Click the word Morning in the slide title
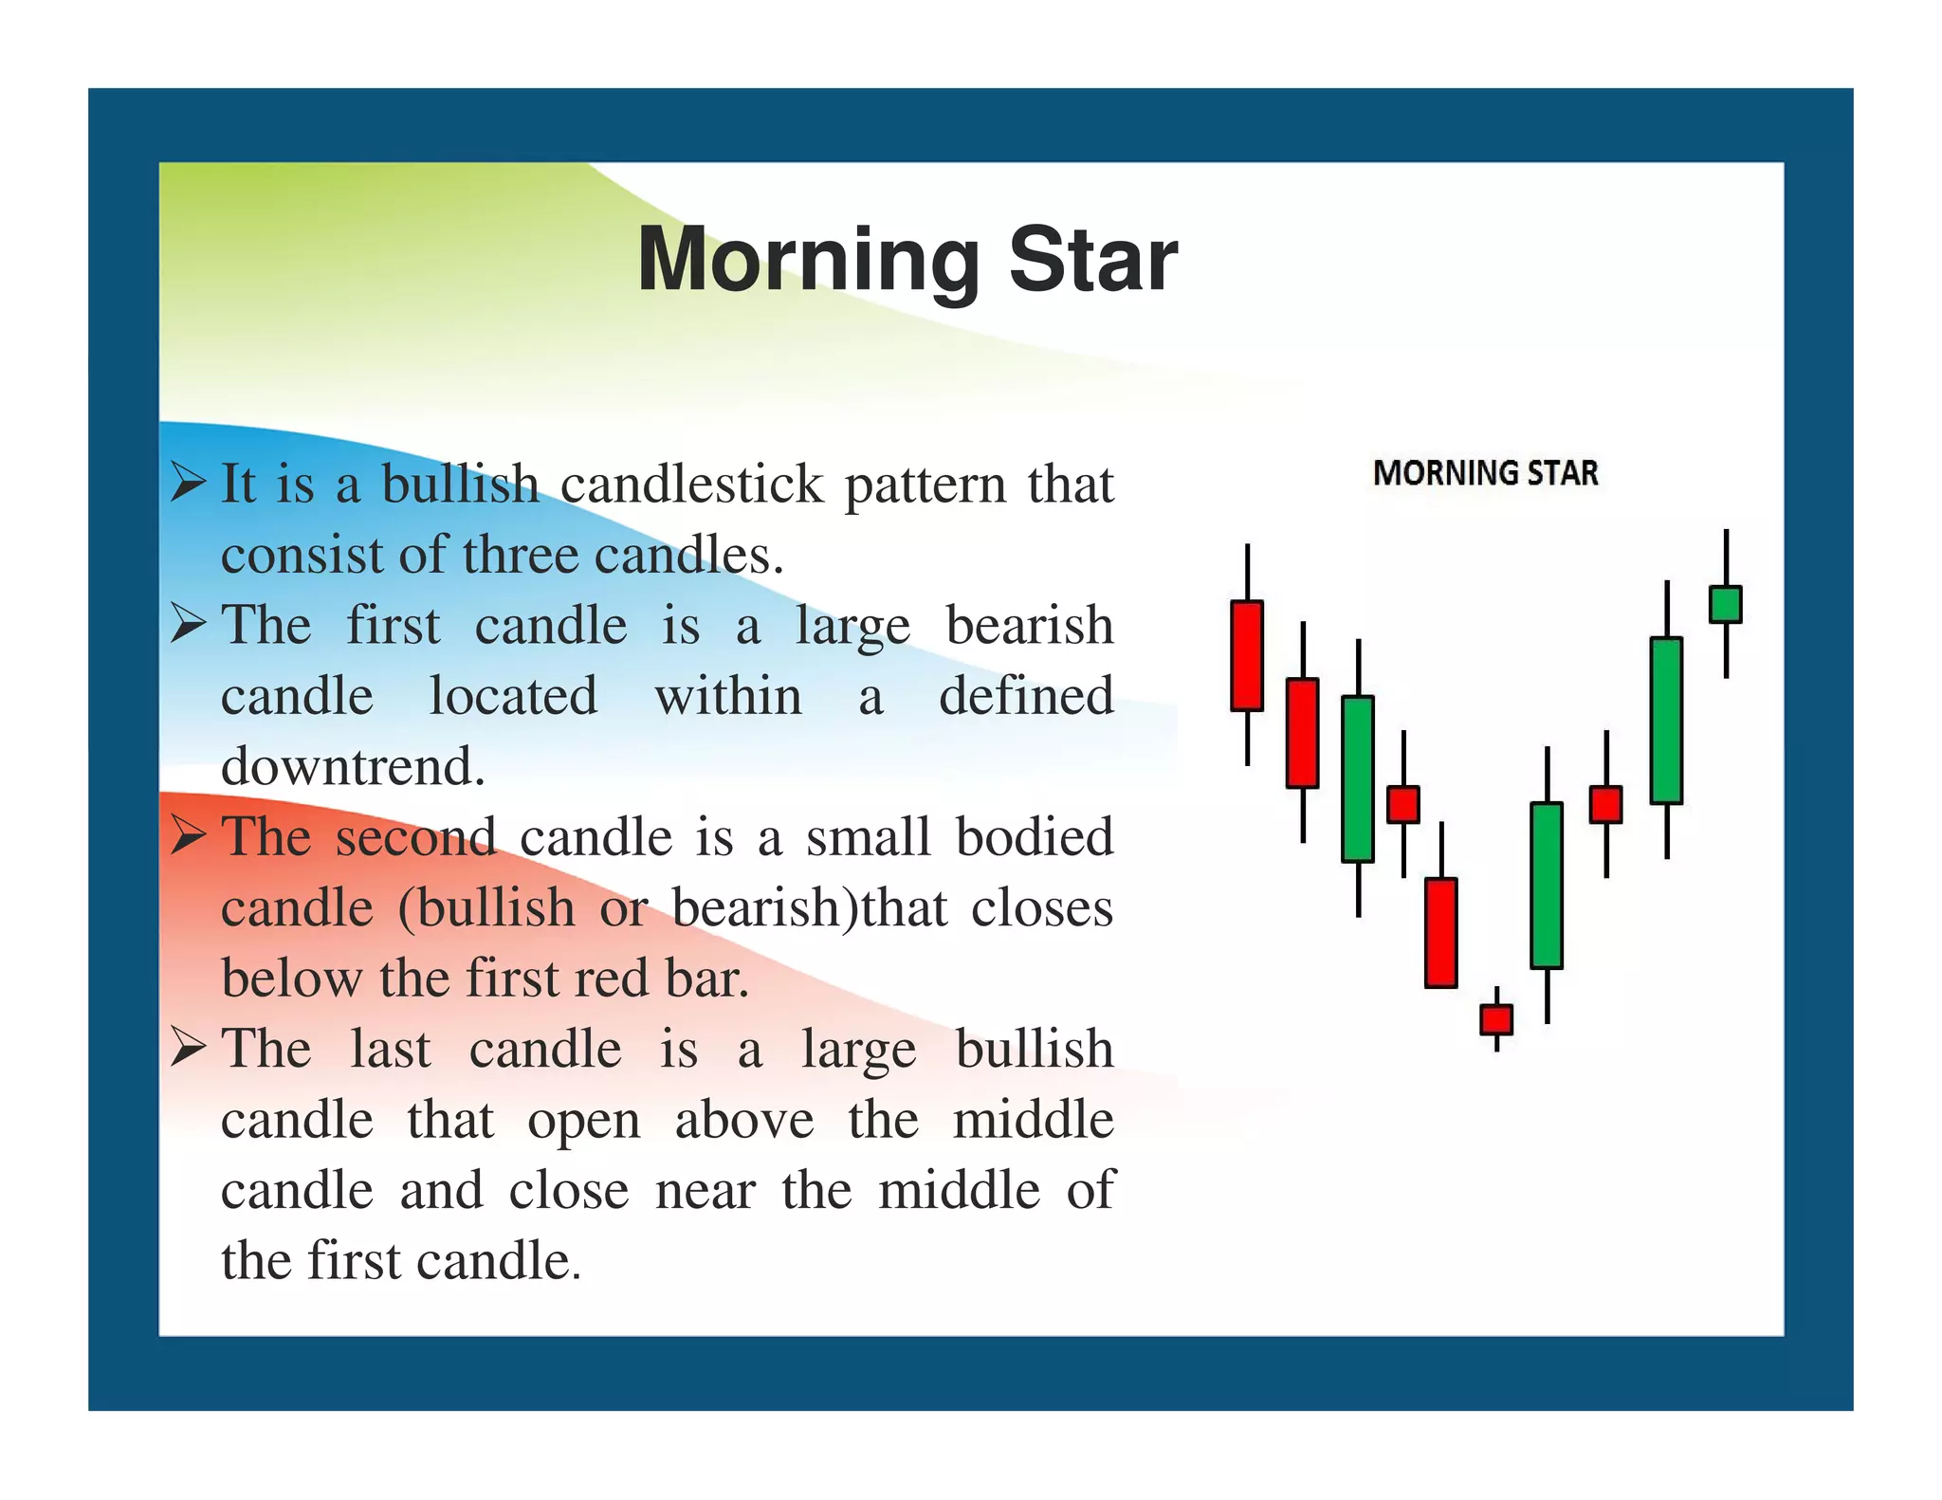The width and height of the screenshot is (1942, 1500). coord(809,260)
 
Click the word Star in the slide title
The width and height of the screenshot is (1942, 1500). coord(1092,260)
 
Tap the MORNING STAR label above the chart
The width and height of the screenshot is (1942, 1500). coord(1485,472)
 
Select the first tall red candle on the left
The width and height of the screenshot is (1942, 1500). coord(1246,655)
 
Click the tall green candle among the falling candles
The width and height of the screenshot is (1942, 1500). coord(1357,779)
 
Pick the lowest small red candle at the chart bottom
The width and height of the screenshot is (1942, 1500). coord(1496,1019)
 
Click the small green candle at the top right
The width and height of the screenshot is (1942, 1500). coord(1725,605)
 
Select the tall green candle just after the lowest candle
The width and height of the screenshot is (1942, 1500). coord(1547,886)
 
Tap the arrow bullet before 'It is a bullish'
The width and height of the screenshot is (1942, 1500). coord(189,482)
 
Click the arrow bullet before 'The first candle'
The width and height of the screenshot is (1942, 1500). coord(189,623)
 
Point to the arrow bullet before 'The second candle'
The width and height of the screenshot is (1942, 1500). coord(189,835)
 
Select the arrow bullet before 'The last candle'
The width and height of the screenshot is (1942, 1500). coord(189,1048)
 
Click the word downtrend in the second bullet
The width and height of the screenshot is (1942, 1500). coord(353,766)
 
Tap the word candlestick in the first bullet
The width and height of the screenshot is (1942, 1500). coord(691,485)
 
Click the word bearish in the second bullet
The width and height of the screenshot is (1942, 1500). coord(1030,626)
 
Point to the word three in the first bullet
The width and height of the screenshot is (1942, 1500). coord(521,555)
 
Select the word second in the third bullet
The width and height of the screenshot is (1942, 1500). coord(415,838)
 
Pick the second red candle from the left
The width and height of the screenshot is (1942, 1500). coord(1302,733)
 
